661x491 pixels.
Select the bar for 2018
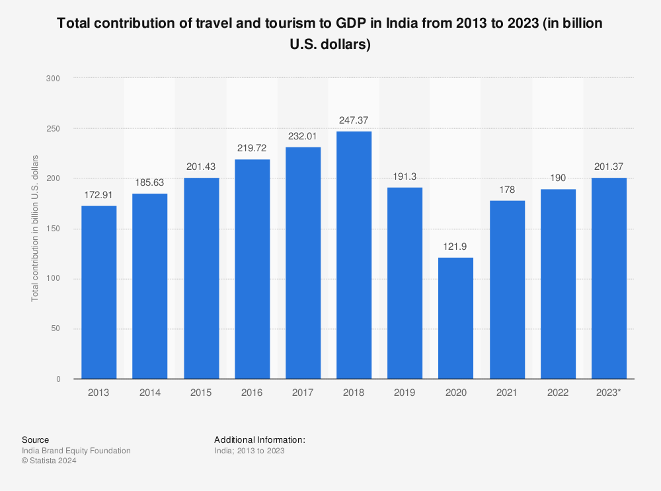(x=354, y=255)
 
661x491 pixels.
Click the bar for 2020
(x=456, y=318)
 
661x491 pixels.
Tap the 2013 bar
(x=99, y=292)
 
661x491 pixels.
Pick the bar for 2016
(x=253, y=269)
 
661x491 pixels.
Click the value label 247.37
(x=354, y=120)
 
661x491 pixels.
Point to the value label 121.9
(x=456, y=246)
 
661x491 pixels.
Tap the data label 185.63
(x=150, y=182)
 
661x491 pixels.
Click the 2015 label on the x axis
(x=201, y=393)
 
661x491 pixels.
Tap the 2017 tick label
(x=303, y=393)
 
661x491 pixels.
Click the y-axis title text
(x=35, y=229)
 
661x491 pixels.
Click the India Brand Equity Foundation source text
(x=76, y=451)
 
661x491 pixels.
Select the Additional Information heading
(x=260, y=439)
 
